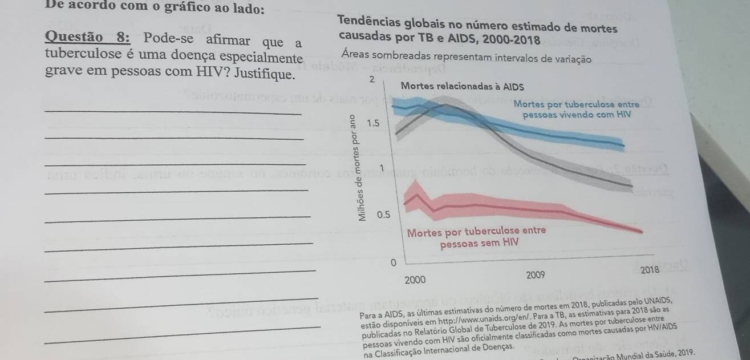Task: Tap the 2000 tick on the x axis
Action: pyautogui.click(x=415, y=280)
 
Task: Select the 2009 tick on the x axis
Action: pyautogui.click(x=536, y=275)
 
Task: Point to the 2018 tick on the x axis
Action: pyautogui.click(x=650, y=269)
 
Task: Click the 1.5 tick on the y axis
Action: pyautogui.click(x=374, y=123)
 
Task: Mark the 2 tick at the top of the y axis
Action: pyautogui.click(x=371, y=78)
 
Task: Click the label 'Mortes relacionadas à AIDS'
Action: pyautogui.click(x=463, y=87)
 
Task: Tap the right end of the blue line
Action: pyautogui.click(x=625, y=145)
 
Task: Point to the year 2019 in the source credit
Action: pyautogui.click(x=684, y=354)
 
